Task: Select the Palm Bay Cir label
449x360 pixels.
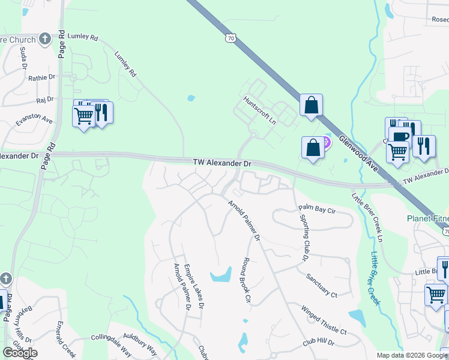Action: (x=317, y=209)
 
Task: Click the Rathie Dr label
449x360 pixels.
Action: (x=41, y=77)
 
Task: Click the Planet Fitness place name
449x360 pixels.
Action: (x=427, y=218)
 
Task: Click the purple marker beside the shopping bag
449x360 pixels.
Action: (x=326, y=142)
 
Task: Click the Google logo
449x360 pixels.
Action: (x=20, y=353)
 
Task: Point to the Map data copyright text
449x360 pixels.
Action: (x=412, y=355)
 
